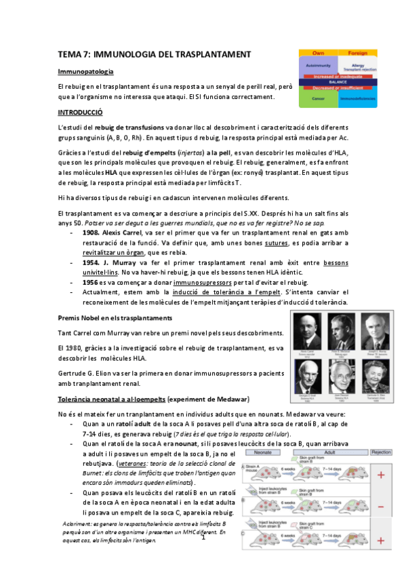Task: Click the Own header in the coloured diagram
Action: (317, 52)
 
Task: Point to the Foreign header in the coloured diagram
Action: (357, 52)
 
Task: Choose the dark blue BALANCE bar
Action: (337, 81)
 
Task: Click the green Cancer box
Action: (317, 98)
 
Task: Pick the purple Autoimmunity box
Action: (317, 66)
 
